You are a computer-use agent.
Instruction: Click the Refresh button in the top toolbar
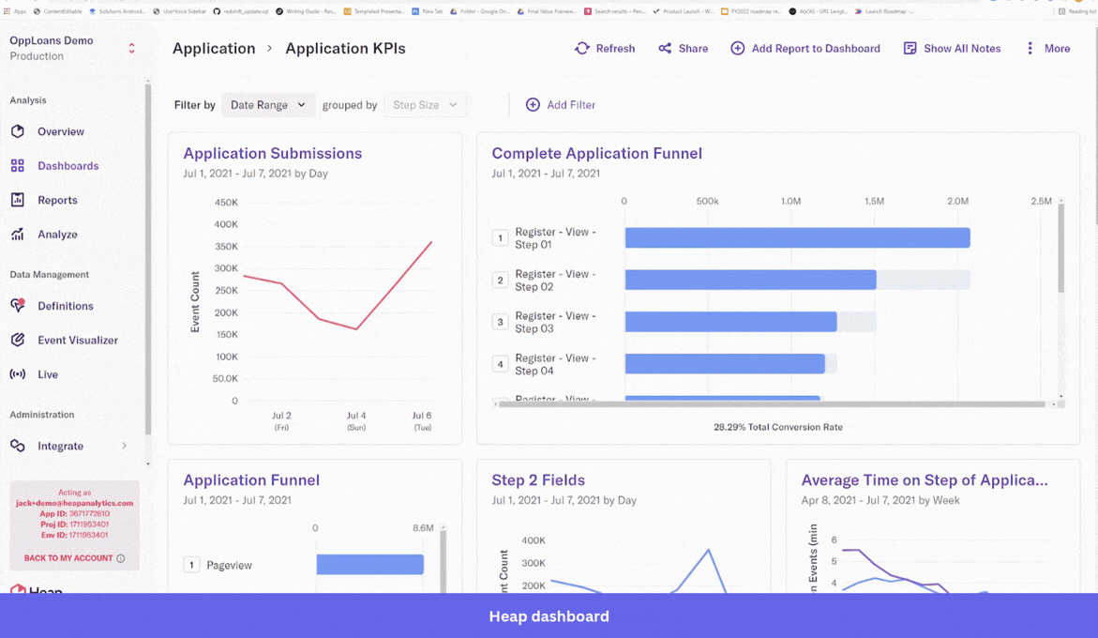[x=605, y=49]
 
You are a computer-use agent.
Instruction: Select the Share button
[x=683, y=49]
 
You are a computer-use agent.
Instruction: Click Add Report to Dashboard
[x=805, y=49]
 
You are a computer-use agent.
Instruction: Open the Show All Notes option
[x=952, y=49]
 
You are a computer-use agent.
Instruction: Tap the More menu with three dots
[x=1047, y=49]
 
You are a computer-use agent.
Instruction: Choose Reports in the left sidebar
[x=57, y=200]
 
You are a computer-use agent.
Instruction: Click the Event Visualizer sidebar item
[x=77, y=341]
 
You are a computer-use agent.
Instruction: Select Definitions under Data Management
[x=65, y=306]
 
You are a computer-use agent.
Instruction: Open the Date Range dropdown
[x=268, y=105]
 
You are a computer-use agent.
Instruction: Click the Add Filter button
[x=561, y=105]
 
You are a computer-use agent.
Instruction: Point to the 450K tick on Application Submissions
[x=226, y=203]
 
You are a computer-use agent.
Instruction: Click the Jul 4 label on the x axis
[x=356, y=416]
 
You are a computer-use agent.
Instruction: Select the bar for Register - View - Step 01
[x=797, y=237]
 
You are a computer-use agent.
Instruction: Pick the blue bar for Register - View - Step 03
[x=730, y=322]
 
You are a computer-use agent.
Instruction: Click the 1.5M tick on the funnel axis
[x=874, y=201]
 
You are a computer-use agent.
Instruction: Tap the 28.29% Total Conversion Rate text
[x=777, y=427]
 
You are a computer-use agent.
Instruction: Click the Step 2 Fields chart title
[x=538, y=480]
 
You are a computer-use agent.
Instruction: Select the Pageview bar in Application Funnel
[x=369, y=565]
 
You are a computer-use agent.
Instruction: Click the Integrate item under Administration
[x=60, y=446]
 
